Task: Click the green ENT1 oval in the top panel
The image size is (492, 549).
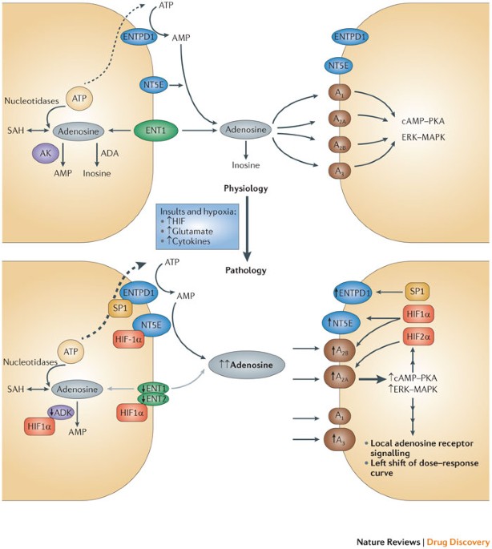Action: tap(155, 131)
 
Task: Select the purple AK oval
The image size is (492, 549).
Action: tap(46, 153)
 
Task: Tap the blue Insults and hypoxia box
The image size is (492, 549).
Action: tap(197, 227)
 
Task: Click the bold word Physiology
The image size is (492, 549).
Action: tap(246, 188)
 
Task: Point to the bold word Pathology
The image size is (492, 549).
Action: tap(246, 270)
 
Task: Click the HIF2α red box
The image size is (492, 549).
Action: tap(418, 337)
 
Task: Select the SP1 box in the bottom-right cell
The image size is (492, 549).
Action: tap(417, 291)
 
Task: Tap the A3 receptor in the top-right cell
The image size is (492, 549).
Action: tap(339, 171)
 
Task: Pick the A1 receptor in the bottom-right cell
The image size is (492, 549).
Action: tap(339, 415)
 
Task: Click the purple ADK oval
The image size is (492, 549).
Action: tap(61, 412)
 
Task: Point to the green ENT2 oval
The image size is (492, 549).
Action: tap(153, 398)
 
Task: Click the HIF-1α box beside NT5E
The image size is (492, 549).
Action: tap(129, 340)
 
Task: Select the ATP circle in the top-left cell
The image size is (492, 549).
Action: tap(79, 99)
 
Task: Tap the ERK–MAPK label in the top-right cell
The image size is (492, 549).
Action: tap(423, 137)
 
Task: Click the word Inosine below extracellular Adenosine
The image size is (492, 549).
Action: tap(246, 165)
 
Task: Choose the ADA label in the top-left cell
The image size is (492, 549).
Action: tap(110, 153)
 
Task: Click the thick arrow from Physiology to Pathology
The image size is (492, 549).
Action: tap(248, 229)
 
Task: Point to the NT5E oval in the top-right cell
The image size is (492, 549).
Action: tap(339, 66)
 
